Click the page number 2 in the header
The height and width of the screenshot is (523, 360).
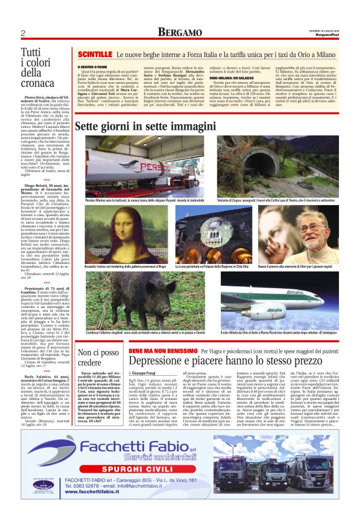pyautogui.click(x=22, y=33)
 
